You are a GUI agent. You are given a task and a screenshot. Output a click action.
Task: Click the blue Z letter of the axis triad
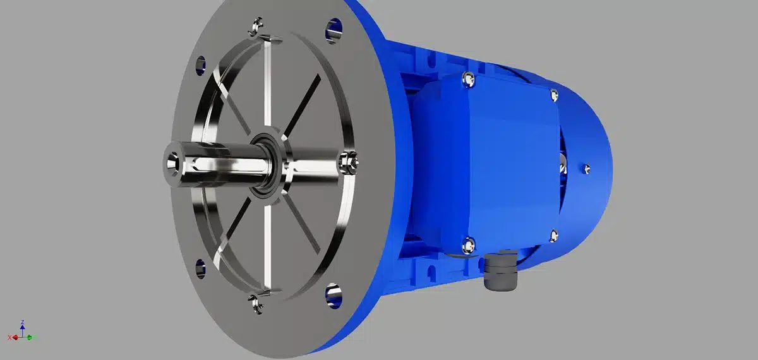click(x=23, y=322)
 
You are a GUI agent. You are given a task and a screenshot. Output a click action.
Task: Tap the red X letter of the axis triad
click(x=9, y=337)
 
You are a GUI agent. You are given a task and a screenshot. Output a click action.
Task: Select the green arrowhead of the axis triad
click(x=30, y=337)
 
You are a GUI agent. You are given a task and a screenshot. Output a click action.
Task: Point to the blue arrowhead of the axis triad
click(x=23, y=328)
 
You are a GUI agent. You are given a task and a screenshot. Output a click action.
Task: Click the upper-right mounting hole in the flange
click(x=334, y=28)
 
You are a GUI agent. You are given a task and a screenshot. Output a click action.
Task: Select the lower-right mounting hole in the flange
click(x=334, y=293)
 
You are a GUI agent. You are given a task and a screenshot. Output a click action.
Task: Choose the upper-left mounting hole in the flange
click(x=201, y=64)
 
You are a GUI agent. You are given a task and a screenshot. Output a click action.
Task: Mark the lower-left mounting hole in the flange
click(x=200, y=267)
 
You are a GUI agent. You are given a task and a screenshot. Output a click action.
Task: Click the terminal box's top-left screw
click(x=467, y=78)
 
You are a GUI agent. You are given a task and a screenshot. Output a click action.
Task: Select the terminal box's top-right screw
click(x=555, y=95)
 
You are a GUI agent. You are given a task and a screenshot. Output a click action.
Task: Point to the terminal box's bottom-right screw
click(x=554, y=236)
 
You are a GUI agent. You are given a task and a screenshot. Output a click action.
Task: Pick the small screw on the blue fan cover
click(x=587, y=168)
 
